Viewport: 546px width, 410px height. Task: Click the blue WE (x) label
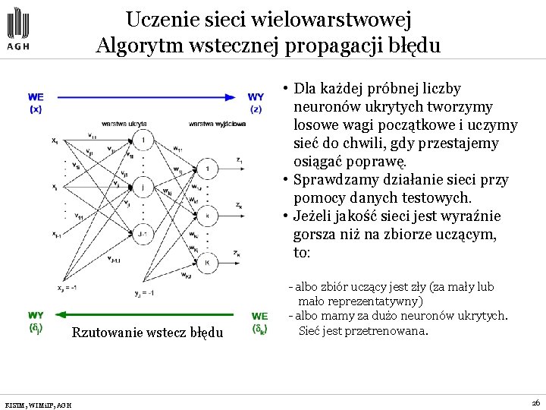pos(36,102)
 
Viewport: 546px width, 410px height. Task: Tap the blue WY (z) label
pos(256,102)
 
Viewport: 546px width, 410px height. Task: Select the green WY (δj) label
pos(36,322)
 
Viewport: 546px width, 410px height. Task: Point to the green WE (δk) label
pos(260,323)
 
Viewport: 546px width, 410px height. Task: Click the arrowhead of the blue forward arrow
pos(232,97)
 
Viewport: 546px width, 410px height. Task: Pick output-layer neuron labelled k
pos(207,216)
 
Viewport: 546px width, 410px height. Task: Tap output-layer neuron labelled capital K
pos(207,262)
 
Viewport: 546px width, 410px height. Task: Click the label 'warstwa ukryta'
pos(124,123)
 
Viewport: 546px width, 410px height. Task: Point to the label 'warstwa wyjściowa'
pos(218,123)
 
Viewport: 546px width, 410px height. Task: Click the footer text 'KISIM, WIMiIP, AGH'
pos(38,405)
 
